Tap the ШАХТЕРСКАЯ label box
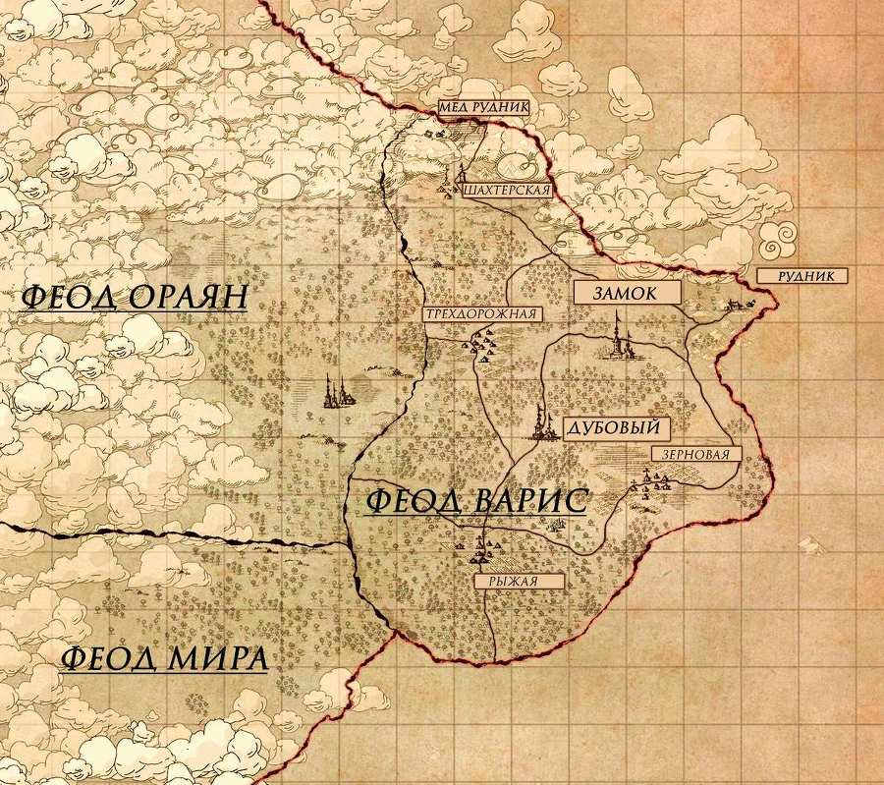click(x=503, y=190)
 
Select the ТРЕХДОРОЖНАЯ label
click(x=481, y=314)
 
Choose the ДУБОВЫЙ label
click(x=617, y=427)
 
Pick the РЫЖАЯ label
click(x=520, y=581)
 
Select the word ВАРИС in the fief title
click(x=526, y=500)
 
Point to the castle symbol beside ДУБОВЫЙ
click(x=540, y=422)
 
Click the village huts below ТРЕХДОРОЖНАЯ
click(x=482, y=343)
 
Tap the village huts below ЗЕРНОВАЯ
click(x=652, y=480)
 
